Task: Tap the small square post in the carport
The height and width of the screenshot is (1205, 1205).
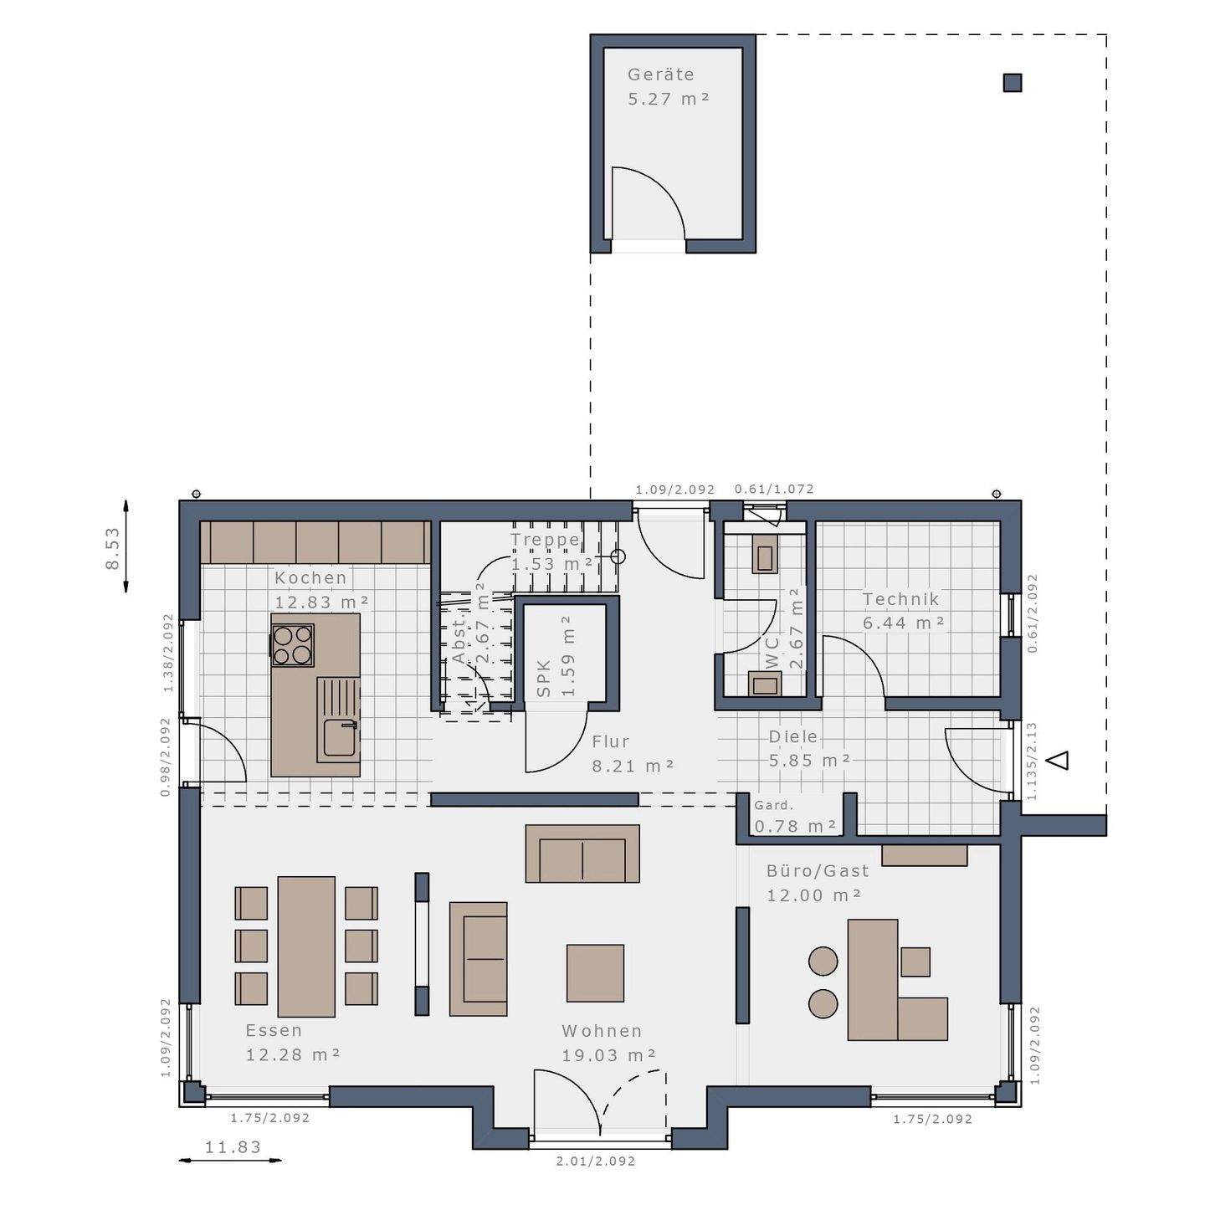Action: coord(1012,83)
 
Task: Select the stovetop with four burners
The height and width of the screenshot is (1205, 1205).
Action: coord(293,645)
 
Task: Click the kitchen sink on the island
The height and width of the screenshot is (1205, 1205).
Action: coord(340,737)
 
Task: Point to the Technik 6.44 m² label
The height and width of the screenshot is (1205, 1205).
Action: coord(902,611)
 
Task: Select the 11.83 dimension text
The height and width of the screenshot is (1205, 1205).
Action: coord(233,1147)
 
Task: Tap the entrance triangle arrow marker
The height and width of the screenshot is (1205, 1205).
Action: coord(1059,760)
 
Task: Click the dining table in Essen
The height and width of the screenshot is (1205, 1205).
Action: coord(306,946)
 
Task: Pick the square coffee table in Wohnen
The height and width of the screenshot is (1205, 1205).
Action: coord(595,972)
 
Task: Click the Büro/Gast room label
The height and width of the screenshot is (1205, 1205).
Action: coord(817,882)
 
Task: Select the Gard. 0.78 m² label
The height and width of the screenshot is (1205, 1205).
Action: coord(794,817)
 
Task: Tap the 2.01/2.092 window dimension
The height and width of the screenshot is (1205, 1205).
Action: coord(596,1161)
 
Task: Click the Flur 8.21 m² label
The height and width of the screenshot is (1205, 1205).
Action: coord(632,753)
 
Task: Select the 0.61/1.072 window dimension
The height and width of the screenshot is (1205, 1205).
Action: coord(774,490)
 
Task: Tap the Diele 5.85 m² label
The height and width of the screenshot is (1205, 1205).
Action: coord(808,749)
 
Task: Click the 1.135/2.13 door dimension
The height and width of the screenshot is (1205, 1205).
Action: coord(1032,761)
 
